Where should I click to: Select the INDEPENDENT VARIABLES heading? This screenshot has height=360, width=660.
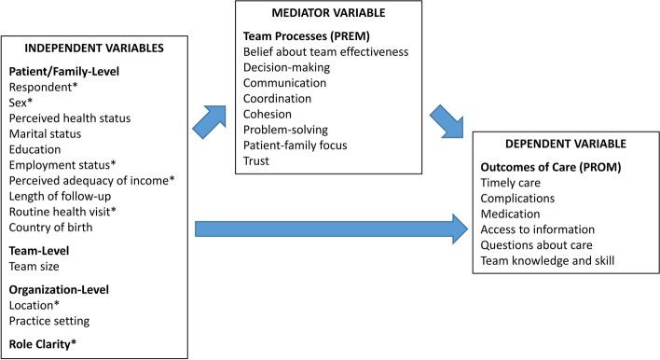[95, 48]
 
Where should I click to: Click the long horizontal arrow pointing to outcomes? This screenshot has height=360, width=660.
[331, 226]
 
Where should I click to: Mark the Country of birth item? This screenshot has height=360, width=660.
[54, 228]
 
